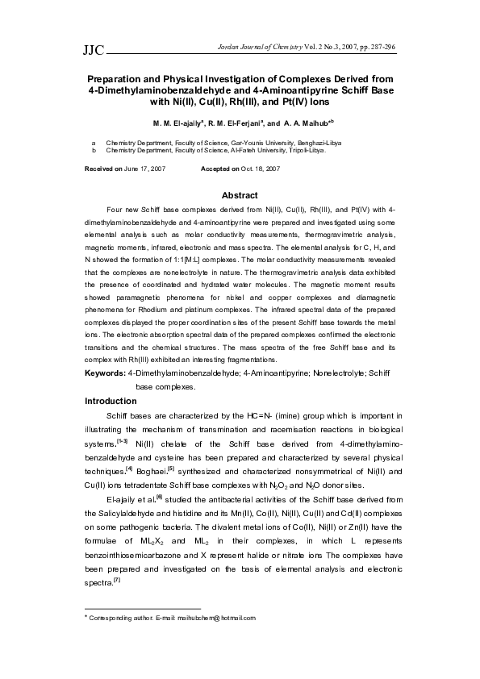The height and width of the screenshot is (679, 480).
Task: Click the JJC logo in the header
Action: pyautogui.click(x=94, y=51)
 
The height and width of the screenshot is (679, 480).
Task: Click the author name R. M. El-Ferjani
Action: pyautogui.click(x=234, y=124)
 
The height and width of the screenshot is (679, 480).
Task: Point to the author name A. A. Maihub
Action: pyautogui.click(x=303, y=124)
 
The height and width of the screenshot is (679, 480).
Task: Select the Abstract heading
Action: pyautogui.click(x=240, y=196)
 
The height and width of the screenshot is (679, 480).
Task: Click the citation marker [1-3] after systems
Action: pyautogui.click(x=123, y=441)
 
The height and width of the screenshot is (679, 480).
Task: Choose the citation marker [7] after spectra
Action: pyautogui.click(x=117, y=581)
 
